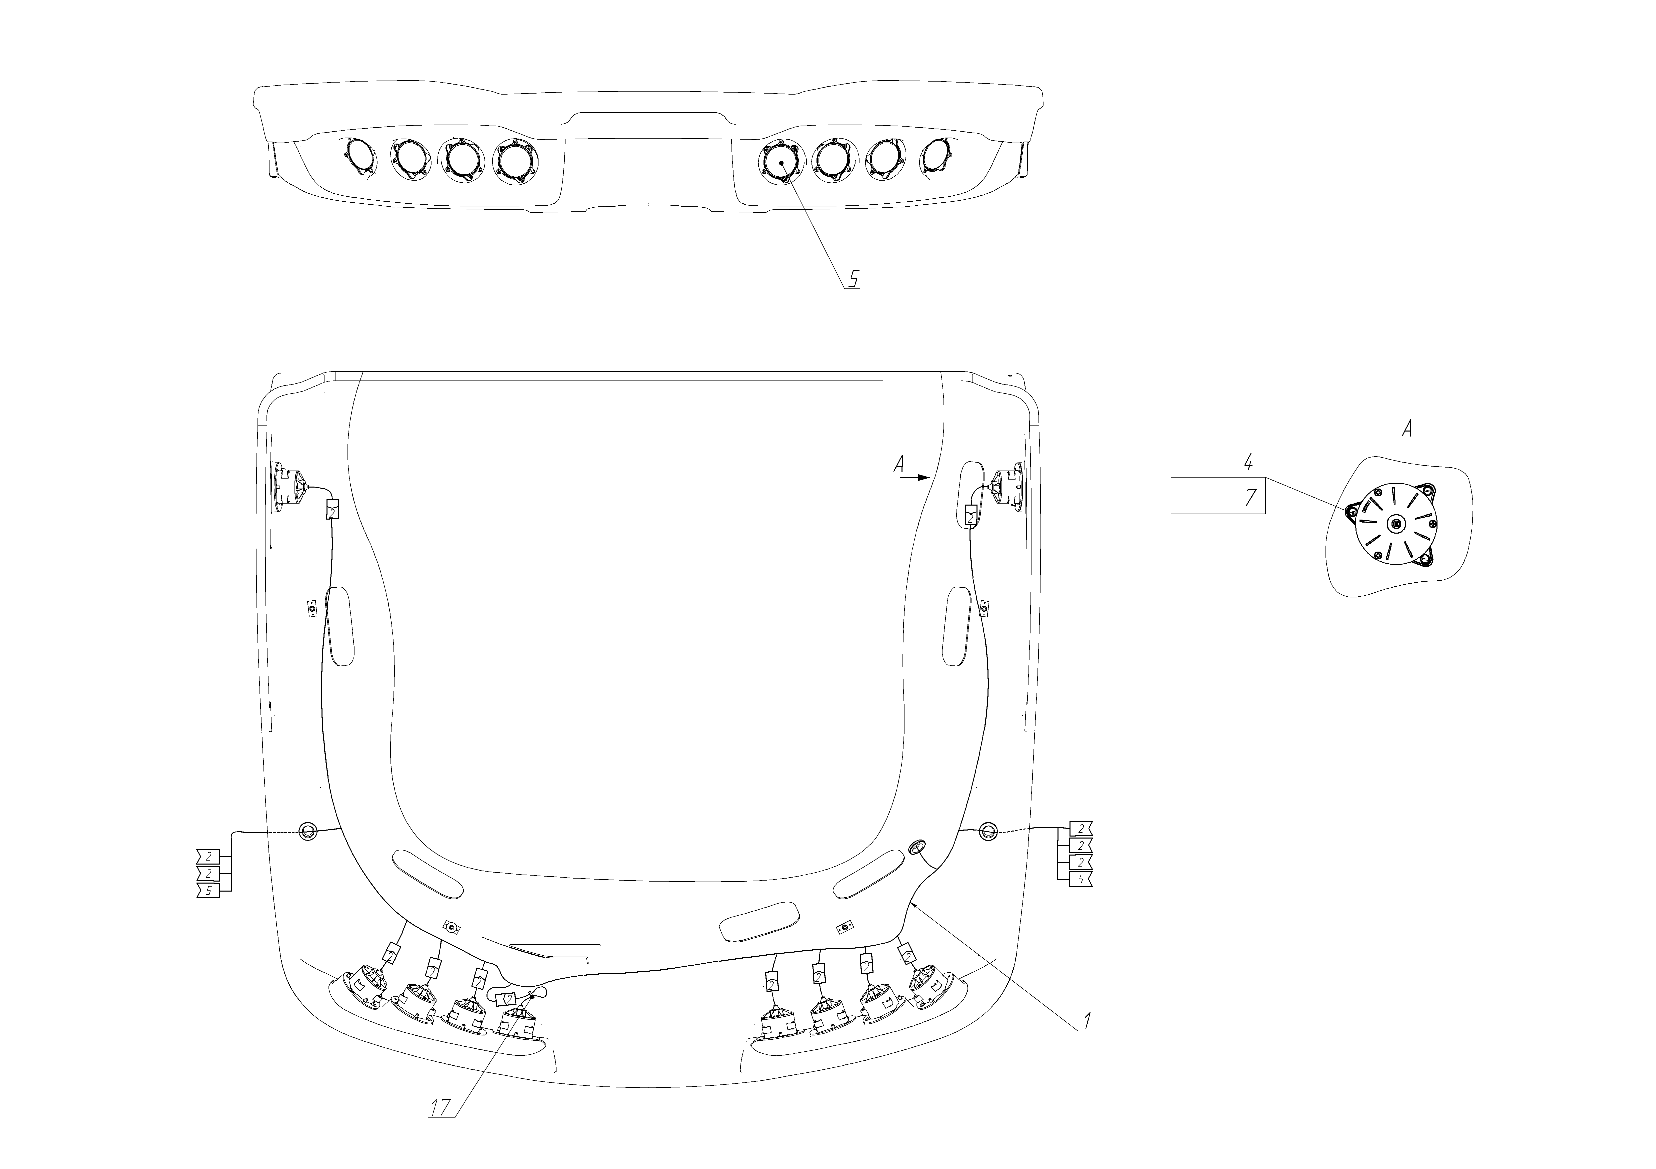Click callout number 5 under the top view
pyautogui.click(x=853, y=278)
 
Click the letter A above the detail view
pyautogui.click(x=1406, y=430)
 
